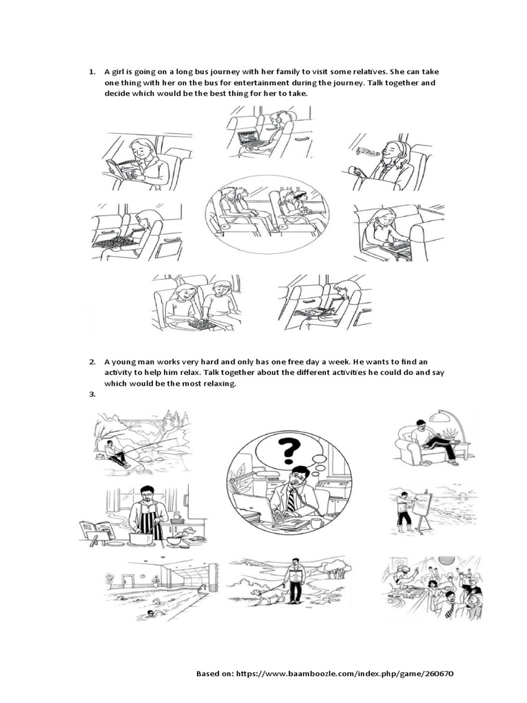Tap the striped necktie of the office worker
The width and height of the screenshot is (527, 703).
[291, 500]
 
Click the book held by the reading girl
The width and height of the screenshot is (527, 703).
[119, 169]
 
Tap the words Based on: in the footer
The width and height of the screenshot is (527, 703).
[215, 673]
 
